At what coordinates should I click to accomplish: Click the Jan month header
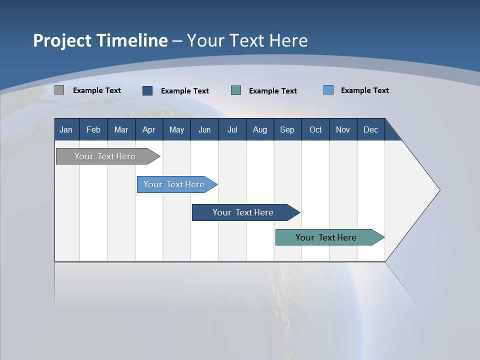point(66,129)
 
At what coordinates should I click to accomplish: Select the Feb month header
point(93,129)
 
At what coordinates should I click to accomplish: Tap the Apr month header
point(148,129)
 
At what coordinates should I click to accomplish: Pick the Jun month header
point(204,129)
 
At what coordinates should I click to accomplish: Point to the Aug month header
point(260,129)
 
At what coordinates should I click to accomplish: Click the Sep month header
point(287,129)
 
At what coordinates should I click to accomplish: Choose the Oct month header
point(315,129)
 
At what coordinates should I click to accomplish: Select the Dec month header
point(370,129)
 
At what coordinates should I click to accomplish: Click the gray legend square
point(59,90)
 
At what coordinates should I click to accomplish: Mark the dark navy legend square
point(147,90)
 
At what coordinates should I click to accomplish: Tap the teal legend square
point(236,90)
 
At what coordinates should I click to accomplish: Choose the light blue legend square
point(328,90)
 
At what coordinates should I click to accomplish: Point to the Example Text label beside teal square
point(272,91)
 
